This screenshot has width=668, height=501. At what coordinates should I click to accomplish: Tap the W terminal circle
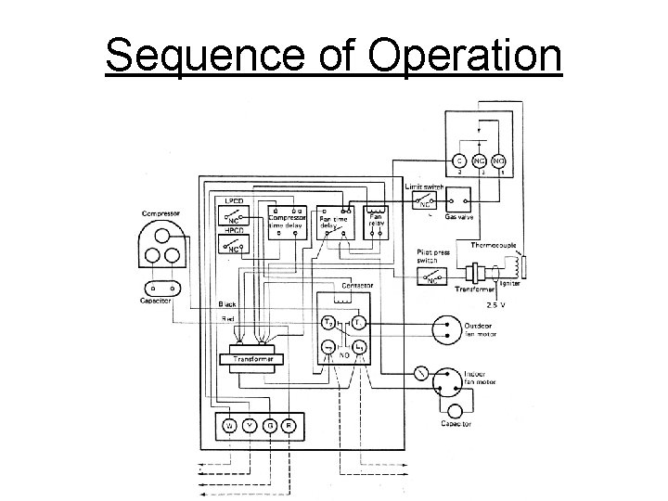[230, 425]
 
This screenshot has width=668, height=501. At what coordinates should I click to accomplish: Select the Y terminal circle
[250, 425]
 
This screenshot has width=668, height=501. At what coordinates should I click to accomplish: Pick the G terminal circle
[269, 425]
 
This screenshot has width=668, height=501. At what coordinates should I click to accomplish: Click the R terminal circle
[289, 425]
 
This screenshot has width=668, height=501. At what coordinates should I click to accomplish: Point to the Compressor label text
[161, 212]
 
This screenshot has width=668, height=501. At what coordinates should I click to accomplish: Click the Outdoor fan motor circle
[446, 328]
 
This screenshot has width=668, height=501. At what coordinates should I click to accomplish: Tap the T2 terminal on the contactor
[328, 323]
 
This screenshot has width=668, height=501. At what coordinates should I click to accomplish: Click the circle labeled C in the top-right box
[459, 159]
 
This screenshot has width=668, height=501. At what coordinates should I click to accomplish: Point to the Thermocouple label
[495, 244]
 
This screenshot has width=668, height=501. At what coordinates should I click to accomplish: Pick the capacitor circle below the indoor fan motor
[456, 411]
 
